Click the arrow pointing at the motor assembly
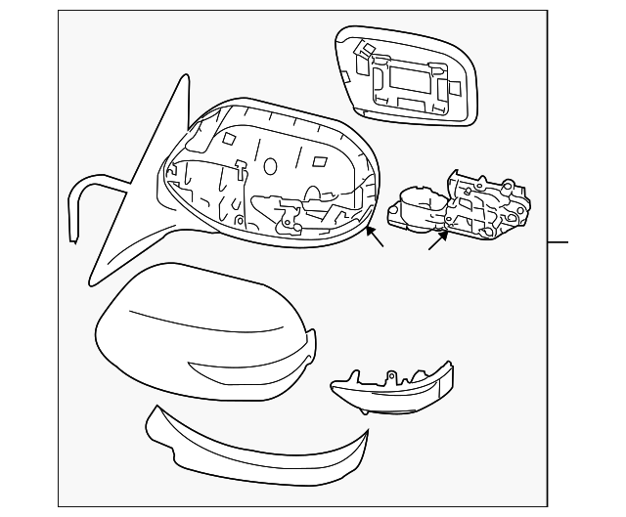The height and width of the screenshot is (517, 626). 437,238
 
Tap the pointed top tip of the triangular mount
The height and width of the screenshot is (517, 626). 185,77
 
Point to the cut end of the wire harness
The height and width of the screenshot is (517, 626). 75,235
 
